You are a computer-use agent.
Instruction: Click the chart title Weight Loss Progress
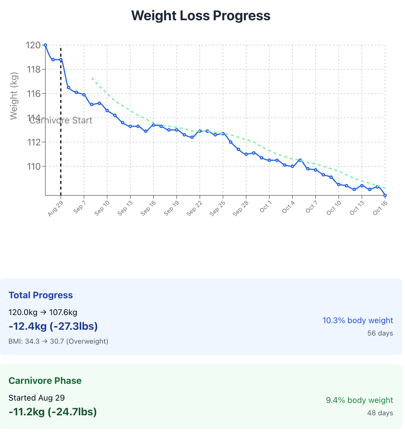coord(201,16)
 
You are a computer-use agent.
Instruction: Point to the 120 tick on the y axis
coord(33,45)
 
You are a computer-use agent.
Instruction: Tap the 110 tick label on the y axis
coord(33,166)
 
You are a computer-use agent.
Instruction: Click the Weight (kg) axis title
coord(14,96)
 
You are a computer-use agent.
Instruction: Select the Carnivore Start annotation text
coord(61,120)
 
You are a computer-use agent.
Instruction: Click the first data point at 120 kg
coord(45,45)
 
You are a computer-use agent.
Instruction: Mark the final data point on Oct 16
coord(385,195)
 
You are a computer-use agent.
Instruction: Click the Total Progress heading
coord(41,295)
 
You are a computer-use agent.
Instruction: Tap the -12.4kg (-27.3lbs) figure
coord(53,326)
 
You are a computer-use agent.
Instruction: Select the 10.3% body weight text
coord(358,320)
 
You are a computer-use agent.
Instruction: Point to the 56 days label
coord(380,333)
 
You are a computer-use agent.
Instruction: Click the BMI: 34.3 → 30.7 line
coord(58,341)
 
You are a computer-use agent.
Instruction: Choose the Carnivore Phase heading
coord(45,381)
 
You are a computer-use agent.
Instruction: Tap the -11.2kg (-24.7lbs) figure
coord(53,412)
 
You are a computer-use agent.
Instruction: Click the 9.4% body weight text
coord(359,400)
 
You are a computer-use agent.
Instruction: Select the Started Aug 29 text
coord(37,398)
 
